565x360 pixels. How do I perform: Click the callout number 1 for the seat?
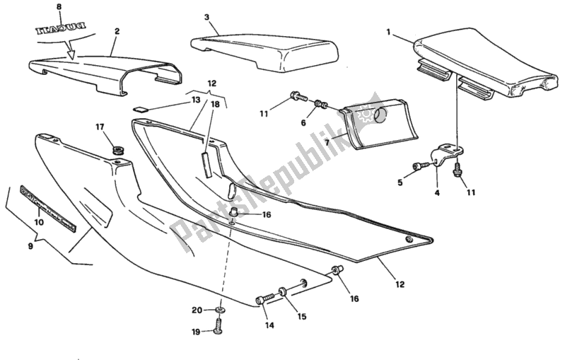(x=388, y=32)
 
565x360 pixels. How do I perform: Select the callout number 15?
(x=301, y=316)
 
